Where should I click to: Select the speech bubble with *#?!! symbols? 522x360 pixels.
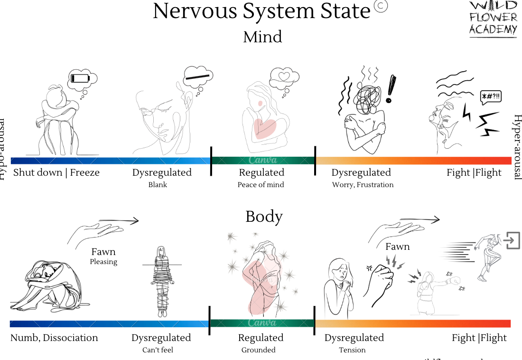(490, 97)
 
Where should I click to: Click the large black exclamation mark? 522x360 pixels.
(391, 89)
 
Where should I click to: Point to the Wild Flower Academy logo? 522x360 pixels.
(493, 19)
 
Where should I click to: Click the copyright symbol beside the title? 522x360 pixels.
(381, 6)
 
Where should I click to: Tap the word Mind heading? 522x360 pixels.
(262, 37)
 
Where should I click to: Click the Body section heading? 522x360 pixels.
(264, 217)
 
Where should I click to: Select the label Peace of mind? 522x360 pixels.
(261, 185)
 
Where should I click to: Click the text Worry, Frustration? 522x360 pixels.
(363, 185)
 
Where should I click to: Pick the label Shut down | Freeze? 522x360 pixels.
(56, 172)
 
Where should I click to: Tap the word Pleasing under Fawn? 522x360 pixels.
(103, 262)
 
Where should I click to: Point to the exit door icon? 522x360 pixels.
(512, 240)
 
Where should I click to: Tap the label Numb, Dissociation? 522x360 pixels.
(54, 338)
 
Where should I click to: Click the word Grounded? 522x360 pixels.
(258, 350)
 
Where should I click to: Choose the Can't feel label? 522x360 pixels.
(158, 350)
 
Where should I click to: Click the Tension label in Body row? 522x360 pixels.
(352, 350)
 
